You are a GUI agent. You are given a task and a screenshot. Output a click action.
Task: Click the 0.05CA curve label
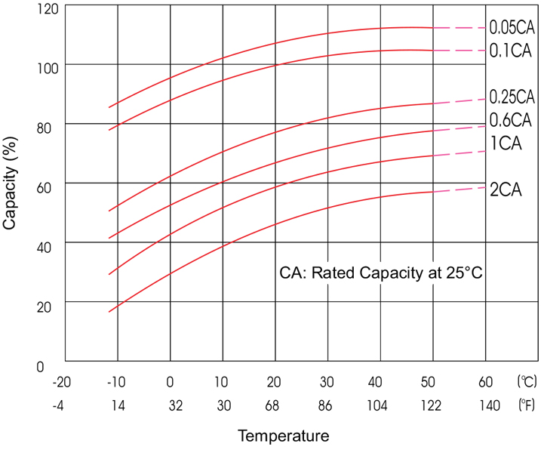(512, 28)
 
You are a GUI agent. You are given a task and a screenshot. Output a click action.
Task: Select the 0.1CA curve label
(511, 51)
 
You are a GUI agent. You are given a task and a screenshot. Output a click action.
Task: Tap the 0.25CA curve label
(512, 97)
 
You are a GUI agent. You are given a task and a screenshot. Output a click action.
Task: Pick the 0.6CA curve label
(511, 119)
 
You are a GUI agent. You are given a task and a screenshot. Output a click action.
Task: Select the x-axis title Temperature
(283, 436)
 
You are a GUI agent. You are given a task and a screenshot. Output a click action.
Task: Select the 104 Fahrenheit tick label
(380, 407)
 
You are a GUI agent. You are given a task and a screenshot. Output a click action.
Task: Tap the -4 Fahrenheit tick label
(59, 407)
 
